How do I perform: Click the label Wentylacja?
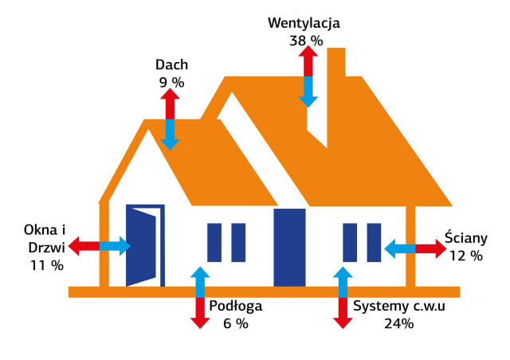(304, 23)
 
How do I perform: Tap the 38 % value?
(306, 39)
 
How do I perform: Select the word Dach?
(171, 66)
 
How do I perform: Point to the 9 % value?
(171, 82)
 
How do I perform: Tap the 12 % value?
(465, 256)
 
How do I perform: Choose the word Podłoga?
(235, 307)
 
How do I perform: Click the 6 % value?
(235, 323)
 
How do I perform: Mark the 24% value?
(398, 323)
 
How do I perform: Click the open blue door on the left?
(143, 245)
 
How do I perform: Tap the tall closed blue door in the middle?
(289, 247)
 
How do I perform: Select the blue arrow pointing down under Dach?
(170, 134)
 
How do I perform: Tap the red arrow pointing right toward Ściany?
(431, 248)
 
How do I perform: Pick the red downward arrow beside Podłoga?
(199, 311)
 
